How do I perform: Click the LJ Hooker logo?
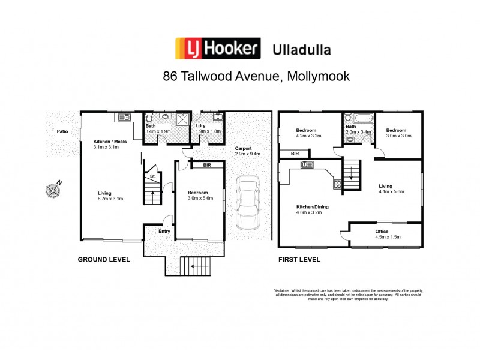217,48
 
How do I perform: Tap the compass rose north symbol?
53,190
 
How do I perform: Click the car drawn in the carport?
247,202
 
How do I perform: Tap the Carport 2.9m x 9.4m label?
243,151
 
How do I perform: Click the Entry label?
164,231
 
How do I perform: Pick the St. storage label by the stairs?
153,176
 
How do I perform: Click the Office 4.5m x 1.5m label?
382,234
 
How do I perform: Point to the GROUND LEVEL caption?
104,260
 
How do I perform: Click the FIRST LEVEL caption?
299,260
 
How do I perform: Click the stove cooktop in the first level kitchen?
337,184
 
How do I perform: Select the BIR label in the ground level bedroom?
206,164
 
